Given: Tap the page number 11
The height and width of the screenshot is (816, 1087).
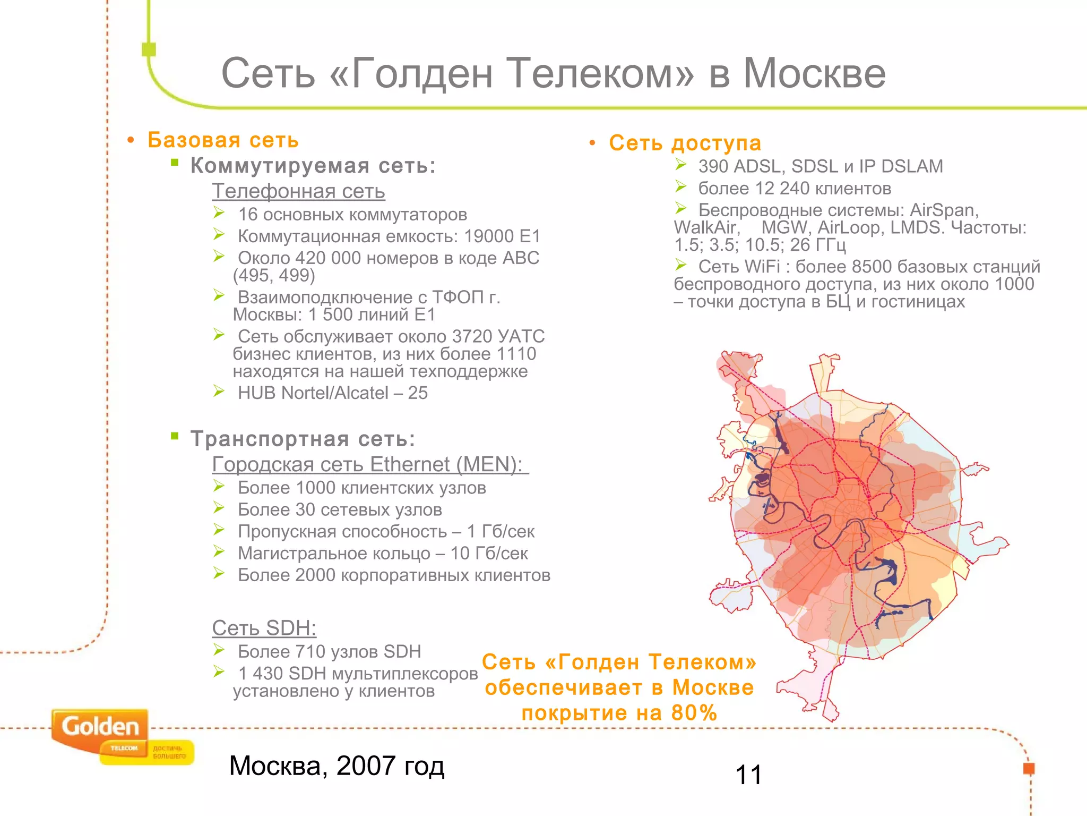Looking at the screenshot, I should [748, 775].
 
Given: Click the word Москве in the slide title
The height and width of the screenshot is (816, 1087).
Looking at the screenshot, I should [814, 73].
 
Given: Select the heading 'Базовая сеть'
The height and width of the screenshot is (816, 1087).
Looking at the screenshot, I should [223, 140].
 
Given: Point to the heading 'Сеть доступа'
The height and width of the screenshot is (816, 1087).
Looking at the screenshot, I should [685, 143].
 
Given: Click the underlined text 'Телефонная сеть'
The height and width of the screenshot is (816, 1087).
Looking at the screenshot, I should [298, 191].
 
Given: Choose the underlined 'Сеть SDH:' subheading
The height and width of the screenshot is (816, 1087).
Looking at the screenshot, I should [264, 628].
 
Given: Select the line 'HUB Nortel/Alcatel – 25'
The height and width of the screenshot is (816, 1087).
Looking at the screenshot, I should [332, 393].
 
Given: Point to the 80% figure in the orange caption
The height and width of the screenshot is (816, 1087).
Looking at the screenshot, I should [694, 713].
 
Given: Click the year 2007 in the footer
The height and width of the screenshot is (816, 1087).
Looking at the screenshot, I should [366, 766].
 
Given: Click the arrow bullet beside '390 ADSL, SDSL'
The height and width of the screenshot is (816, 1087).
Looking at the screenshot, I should [681, 165].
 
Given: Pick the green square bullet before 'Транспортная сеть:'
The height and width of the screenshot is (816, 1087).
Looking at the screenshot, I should [175, 437].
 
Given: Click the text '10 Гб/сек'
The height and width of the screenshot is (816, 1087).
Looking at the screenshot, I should [489, 554].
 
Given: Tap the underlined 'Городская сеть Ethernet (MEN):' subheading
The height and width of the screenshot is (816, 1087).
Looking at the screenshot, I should [370, 465].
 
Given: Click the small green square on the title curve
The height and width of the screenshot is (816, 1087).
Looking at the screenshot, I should [149, 49].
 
